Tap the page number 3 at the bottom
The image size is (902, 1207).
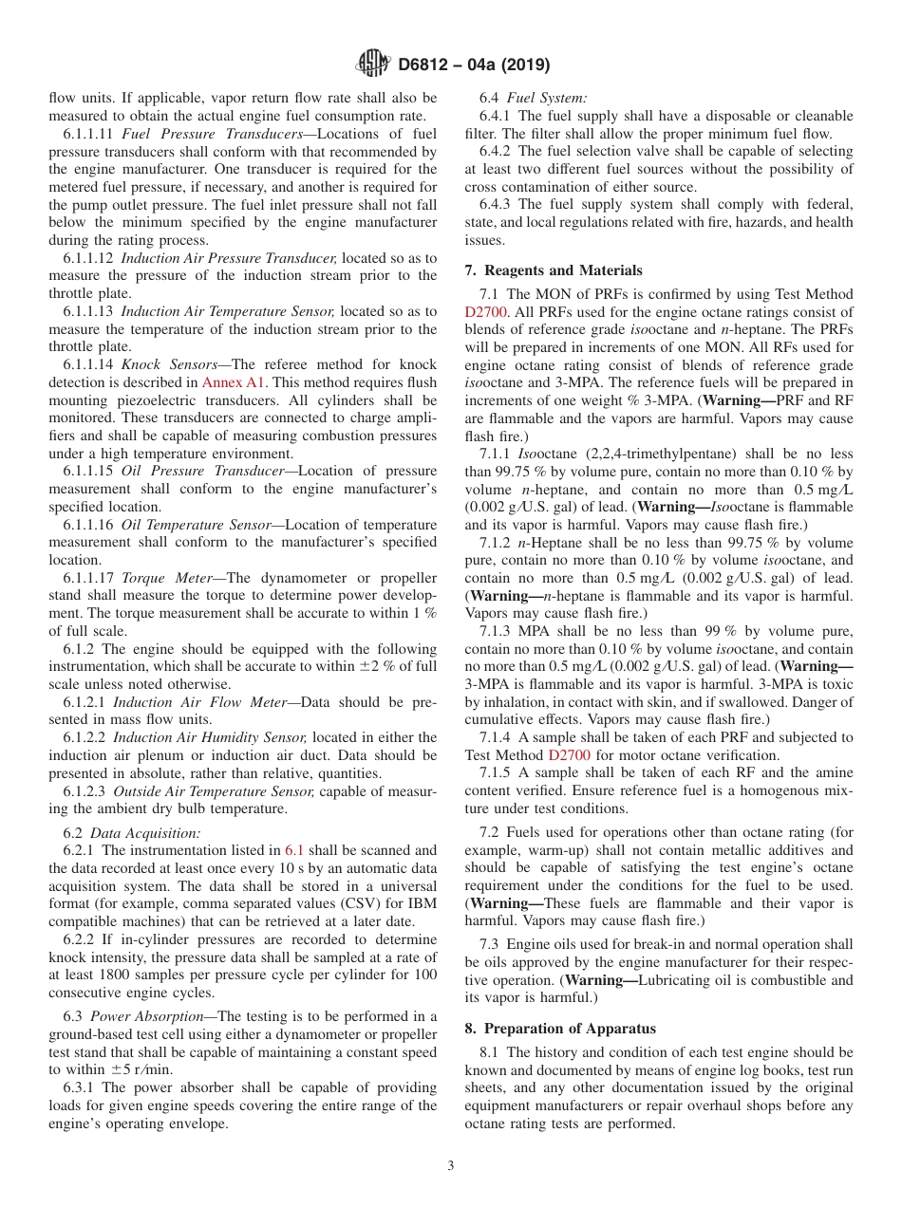pyautogui.click(x=451, y=1165)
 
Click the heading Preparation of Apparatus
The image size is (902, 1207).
pyautogui.click(x=560, y=1029)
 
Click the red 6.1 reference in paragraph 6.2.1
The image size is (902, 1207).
pyautogui.click(x=294, y=851)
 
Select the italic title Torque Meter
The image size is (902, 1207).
pyautogui.click(x=160, y=578)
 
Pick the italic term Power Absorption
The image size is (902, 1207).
pyautogui.click(x=144, y=1016)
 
